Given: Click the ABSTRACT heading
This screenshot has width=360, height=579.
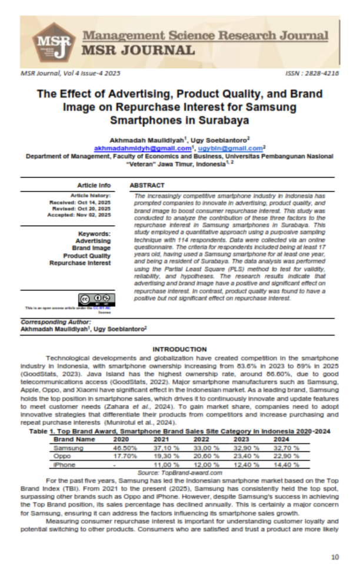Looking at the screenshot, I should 143,185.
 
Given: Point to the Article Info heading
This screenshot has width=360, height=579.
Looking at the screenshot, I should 94,185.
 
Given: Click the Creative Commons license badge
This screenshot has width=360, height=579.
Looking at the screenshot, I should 94,299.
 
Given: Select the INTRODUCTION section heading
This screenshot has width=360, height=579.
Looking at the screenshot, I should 179,349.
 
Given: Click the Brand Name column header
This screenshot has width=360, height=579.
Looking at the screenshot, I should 74,439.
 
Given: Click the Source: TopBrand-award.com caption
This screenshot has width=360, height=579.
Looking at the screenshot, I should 179,472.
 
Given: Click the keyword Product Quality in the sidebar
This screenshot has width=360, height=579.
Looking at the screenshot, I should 87,256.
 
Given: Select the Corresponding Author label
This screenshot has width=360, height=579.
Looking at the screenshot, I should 56,322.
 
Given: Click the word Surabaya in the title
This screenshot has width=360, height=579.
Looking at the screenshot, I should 225,120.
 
